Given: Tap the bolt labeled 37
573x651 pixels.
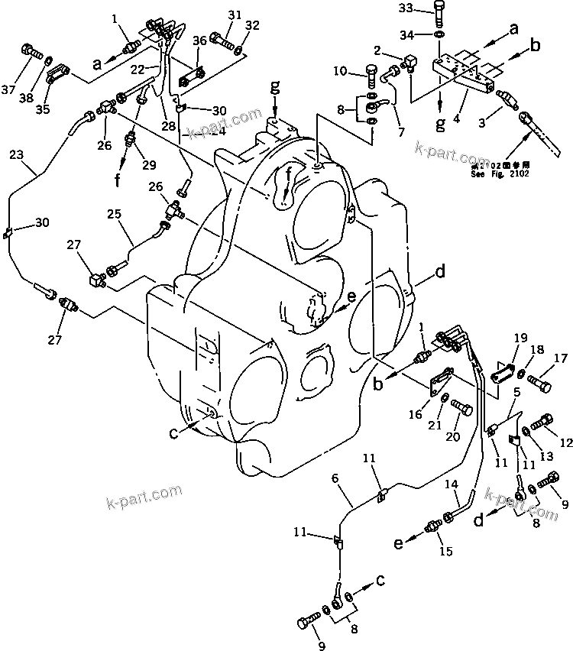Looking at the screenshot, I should coord(31,52).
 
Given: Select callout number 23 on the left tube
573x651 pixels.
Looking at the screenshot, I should coord(16,154).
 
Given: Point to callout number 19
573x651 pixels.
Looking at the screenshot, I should coord(520,337).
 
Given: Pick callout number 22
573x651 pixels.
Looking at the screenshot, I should coord(138,69).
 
